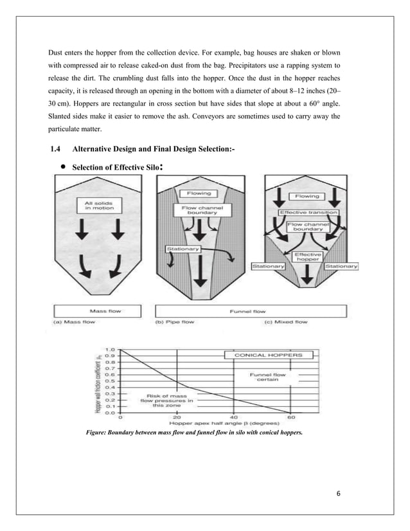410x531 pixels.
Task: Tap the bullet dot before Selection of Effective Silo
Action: [x=64, y=168]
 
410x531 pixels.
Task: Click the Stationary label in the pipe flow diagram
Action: [x=183, y=248]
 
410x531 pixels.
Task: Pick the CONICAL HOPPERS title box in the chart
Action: [x=268, y=354]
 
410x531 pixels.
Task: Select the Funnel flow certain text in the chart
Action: [x=269, y=378]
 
